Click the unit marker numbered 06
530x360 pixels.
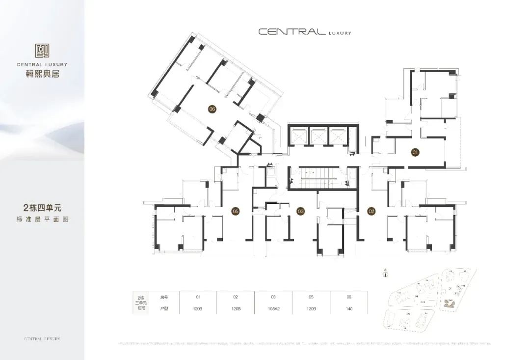tap(212, 109)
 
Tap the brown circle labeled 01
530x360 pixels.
tap(415, 153)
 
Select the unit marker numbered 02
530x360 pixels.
tap(371, 211)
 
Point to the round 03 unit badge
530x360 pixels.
tap(301, 211)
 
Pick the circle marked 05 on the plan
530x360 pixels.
tap(236, 211)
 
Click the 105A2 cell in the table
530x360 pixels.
tap(273, 309)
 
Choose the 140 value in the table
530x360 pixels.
tap(349, 309)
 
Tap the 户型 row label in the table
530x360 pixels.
tap(164, 309)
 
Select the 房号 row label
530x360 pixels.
tap(164, 297)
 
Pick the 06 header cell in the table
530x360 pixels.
tap(349, 297)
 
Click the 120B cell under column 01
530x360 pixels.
tap(199, 309)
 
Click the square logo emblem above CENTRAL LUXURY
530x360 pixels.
tap(42, 51)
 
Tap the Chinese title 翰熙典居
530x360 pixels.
tap(42, 74)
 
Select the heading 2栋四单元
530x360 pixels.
tap(42, 208)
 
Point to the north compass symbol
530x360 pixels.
tap(386, 274)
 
